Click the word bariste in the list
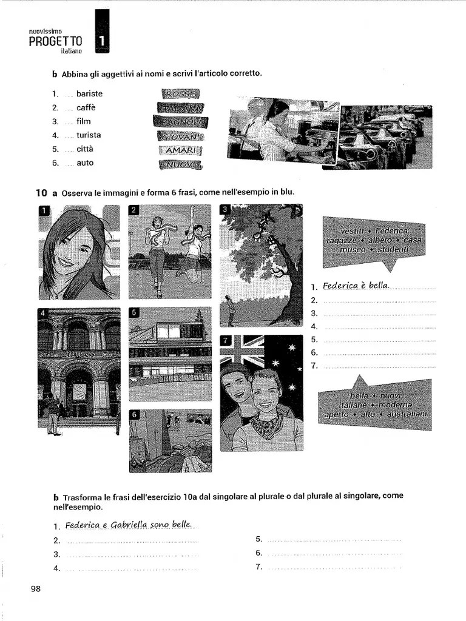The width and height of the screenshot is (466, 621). point(89,93)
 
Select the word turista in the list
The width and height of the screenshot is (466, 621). point(89,135)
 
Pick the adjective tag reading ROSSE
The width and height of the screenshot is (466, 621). point(180,94)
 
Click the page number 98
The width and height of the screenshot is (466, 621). point(35,588)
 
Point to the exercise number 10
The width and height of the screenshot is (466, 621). point(41,193)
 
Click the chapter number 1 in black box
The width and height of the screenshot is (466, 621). point(102,41)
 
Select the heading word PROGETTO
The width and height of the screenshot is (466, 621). point(55,41)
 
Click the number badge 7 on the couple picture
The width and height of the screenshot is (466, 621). point(226,340)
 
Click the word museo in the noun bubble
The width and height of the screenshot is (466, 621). point(353,249)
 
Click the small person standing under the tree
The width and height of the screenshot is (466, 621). point(231,311)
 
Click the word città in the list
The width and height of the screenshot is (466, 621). point(85,149)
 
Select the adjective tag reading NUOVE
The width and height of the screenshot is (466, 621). point(180,164)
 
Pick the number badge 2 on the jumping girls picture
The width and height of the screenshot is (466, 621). point(135,210)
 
